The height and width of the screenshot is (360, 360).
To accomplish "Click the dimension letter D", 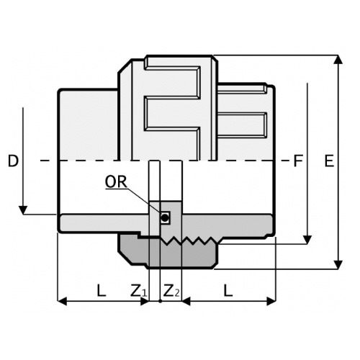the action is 13,161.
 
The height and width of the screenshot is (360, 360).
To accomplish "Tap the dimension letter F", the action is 298,161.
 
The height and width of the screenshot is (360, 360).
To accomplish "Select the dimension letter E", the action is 329,161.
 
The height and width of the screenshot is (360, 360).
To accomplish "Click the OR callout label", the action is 116,182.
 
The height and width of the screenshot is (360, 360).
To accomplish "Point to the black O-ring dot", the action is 165,218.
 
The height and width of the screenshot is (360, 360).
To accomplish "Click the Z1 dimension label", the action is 138,290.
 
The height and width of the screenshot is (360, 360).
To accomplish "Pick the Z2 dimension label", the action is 171,290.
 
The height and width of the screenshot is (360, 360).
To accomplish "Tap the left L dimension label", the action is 102,290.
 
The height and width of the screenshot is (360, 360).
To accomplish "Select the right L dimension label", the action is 228,290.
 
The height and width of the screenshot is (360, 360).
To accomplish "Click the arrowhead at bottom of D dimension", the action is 23,210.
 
